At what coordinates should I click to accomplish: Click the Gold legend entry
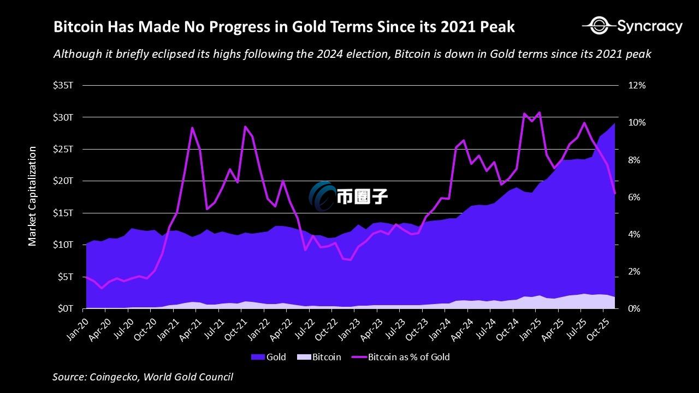(x=269, y=358)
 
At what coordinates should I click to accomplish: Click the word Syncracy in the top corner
(x=650, y=26)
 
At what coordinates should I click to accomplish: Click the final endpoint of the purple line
(x=615, y=193)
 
